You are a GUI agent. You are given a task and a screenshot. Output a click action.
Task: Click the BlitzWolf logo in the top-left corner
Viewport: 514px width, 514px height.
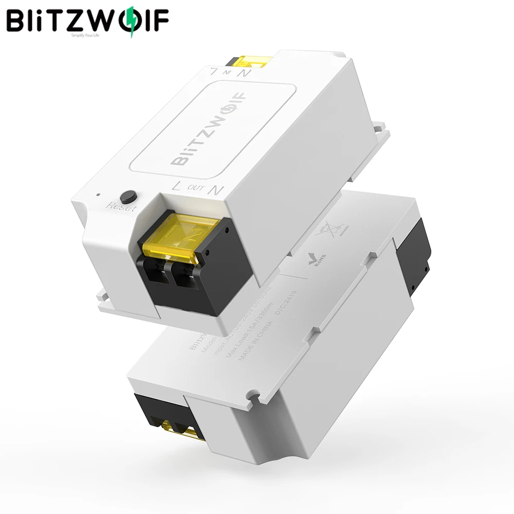87,22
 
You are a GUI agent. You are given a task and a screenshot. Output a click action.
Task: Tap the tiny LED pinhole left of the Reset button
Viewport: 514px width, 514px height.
98,195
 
